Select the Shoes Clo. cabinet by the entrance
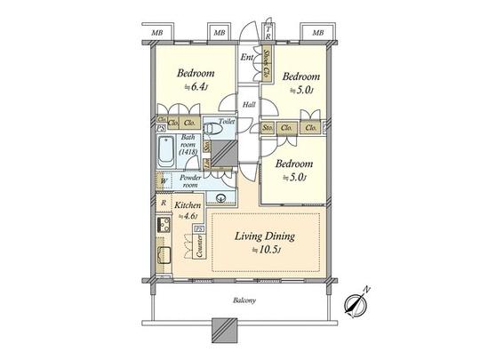point(266,64)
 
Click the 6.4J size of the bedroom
point(193,87)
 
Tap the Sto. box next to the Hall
point(267,128)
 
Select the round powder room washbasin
point(219,196)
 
